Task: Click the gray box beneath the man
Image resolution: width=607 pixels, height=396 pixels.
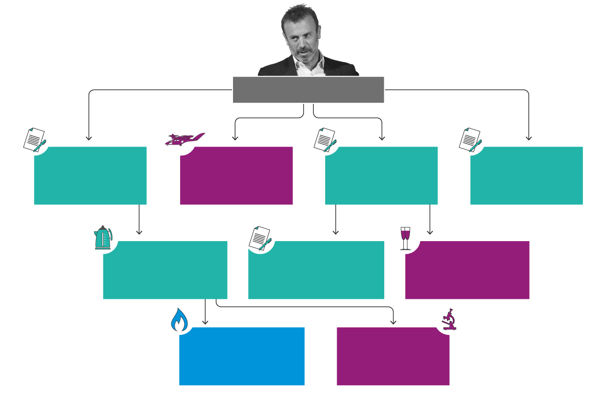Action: (308, 90)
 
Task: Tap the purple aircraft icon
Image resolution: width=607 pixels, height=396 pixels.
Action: (184, 139)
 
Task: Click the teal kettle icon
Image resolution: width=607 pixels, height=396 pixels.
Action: (103, 238)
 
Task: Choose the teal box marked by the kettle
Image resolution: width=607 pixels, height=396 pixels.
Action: (165, 270)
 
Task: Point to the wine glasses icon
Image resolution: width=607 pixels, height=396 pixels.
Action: (406, 238)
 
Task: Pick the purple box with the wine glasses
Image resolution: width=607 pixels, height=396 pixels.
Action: (467, 270)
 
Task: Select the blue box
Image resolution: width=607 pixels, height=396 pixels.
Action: (242, 356)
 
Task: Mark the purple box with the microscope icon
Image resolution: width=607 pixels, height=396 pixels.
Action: (393, 356)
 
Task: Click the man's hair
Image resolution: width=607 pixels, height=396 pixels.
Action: (303, 16)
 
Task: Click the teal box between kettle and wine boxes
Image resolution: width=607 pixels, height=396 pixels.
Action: (316, 270)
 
